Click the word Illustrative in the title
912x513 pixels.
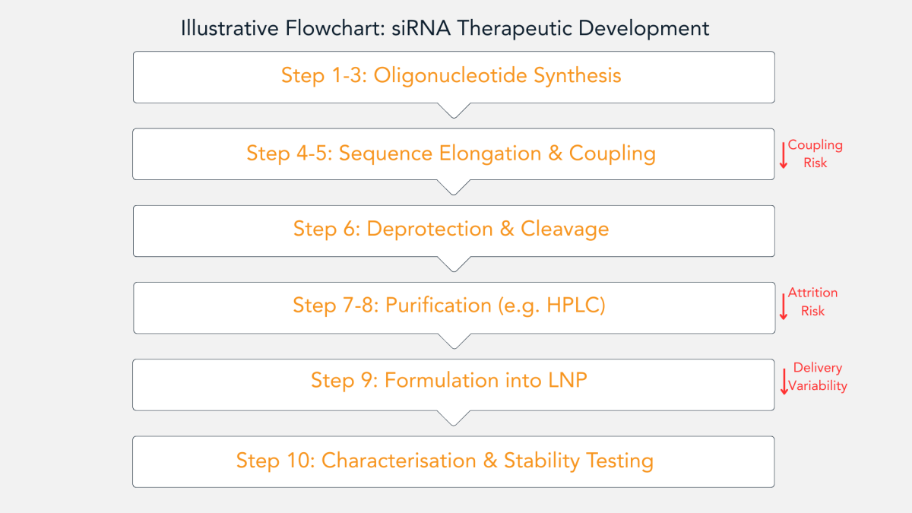pyautogui.click(x=230, y=29)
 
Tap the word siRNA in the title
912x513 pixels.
pyautogui.click(x=421, y=29)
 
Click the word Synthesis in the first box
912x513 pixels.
pyautogui.click(x=578, y=76)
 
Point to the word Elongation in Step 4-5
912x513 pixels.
pyautogui.click(x=490, y=154)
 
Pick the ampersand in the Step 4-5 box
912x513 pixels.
pyautogui.click(x=555, y=154)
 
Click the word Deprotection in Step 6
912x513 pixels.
pyautogui.click(x=430, y=229)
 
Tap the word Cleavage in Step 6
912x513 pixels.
pyautogui.click(x=565, y=230)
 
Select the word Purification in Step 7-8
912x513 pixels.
pyautogui.click(x=439, y=306)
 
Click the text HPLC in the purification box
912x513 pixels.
pyautogui.click(x=572, y=306)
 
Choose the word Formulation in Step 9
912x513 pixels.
pyautogui.click(x=442, y=380)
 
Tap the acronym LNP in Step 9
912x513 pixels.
pyautogui.click(x=568, y=380)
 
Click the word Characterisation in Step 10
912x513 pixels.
pyautogui.click(x=399, y=461)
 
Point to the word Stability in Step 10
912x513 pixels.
pyautogui.click(x=541, y=461)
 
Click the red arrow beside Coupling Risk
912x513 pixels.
pyautogui.click(x=784, y=155)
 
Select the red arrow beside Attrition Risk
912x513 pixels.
pyautogui.click(x=784, y=306)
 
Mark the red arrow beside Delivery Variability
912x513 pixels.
pyautogui.click(x=784, y=382)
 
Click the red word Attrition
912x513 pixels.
pyautogui.click(x=812, y=293)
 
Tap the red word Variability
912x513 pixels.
pyautogui.click(x=818, y=385)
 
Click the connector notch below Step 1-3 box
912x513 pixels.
pyautogui.click(x=454, y=111)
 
